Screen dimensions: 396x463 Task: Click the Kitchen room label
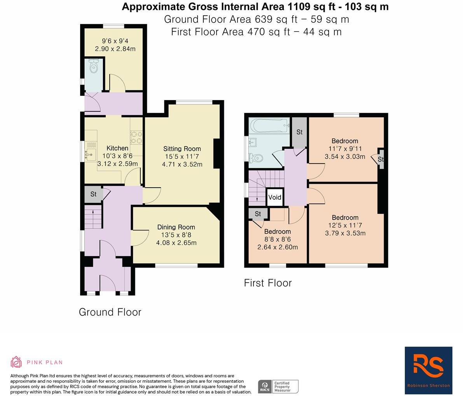pyautogui.click(x=117, y=148)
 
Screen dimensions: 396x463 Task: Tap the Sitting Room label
pyautogui.click(x=182, y=149)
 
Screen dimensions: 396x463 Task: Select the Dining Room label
pyautogui.click(x=176, y=227)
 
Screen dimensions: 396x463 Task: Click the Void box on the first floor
pyautogui.click(x=274, y=197)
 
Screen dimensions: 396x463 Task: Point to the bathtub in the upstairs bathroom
pyautogui.click(x=269, y=125)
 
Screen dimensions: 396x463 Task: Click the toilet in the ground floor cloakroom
pyautogui.click(x=93, y=68)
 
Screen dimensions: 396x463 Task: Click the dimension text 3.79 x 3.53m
pyautogui.click(x=345, y=233)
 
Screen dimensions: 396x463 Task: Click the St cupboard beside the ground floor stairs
pyautogui.click(x=93, y=194)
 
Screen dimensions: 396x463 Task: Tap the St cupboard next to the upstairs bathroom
pyautogui.click(x=299, y=132)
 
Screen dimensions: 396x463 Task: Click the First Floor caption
pyautogui.click(x=267, y=283)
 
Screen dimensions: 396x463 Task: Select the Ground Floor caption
pyautogui.click(x=110, y=312)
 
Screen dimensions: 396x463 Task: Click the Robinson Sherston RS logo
pyautogui.click(x=428, y=370)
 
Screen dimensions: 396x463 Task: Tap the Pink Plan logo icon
pyautogui.click(x=16, y=362)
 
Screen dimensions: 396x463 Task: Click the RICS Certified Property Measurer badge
pyautogui.click(x=278, y=386)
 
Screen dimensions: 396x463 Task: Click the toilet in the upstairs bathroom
pyautogui.click(x=256, y=158)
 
